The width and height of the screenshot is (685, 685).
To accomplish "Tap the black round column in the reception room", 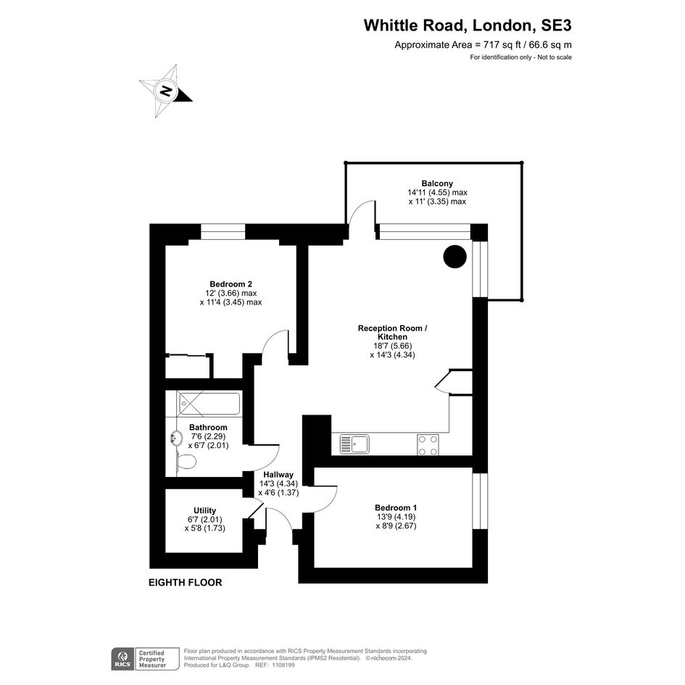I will (454, 256).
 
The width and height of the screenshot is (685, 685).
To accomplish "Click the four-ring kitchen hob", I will (427, 444).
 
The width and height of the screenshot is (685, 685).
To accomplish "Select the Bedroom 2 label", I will (231, 283).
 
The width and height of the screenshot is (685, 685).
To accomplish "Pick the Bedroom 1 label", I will (396, 507).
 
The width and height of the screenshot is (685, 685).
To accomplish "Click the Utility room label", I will (204, 510).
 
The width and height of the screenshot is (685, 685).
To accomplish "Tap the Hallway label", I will (278, 475).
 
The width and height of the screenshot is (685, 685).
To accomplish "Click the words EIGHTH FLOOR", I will (185, 582).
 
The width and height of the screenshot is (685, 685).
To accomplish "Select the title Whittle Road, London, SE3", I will (467, 25).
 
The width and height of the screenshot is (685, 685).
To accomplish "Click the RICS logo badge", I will (121, 657).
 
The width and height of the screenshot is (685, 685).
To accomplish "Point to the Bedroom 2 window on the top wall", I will (223, 232).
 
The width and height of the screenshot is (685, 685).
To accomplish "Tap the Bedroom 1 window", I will (478, 501).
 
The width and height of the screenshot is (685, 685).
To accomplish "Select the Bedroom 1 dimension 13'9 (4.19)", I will (396, 517).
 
